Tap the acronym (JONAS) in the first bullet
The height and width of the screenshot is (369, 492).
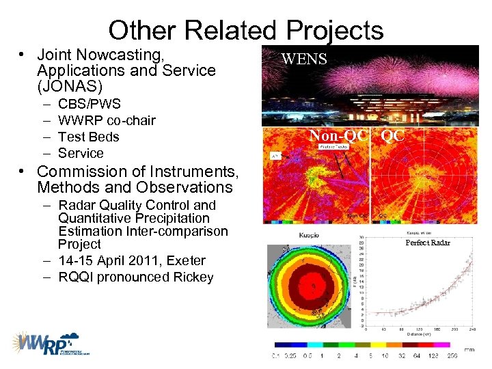pyautogui.click(x=70, y=87)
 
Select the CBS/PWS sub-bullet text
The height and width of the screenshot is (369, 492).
pyautogui.click(x=90, y=104)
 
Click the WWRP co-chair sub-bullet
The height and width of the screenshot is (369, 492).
pyautogui.click(x=107, y=120)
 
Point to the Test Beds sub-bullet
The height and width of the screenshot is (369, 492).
pyautogui.click(x=88, y=137)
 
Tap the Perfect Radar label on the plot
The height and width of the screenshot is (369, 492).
pyautogui.click(x=428, y=243)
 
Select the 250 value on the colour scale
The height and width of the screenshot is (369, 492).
pyautogui.click(x=452, y=355)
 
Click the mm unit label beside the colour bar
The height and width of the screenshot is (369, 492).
pyautogui.click(x=469, y=348)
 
